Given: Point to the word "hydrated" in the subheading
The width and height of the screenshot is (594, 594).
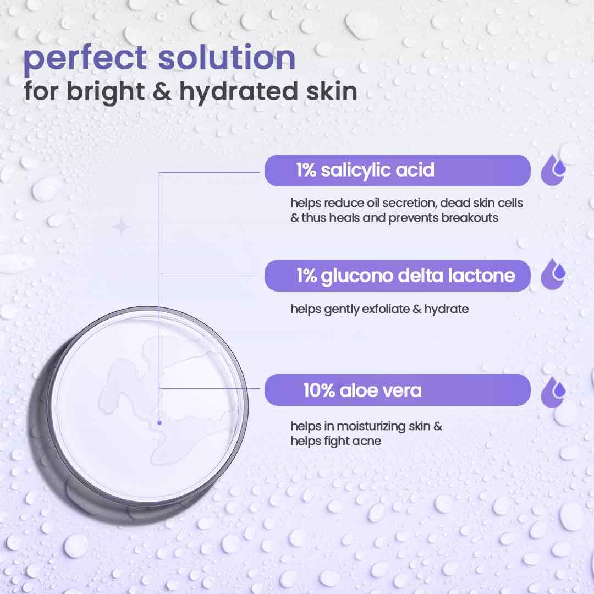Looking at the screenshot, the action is pyautogui.click(x=239, y=92).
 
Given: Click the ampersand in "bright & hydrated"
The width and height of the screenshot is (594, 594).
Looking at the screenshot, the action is pyautogui.click(x=162, y=91).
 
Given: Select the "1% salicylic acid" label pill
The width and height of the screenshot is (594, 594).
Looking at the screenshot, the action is pyautogui.click(x=398, y=170).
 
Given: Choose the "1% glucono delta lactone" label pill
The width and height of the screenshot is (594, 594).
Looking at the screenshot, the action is pyautogui.click(x=398, y=276).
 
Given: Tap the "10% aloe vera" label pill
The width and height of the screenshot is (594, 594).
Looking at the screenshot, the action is pyautogui.click(x=398, y=390).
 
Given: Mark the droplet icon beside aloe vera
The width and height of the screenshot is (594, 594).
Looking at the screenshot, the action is pyautogui.click(x=553, y=392).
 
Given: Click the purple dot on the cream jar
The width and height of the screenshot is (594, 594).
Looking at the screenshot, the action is pyautogui.click(x=159, y=422).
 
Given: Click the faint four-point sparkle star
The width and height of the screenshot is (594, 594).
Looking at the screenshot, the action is pyautogui.click(x=121, y=227).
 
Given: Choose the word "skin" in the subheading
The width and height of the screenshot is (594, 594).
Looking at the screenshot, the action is pyautogui.click(x=332, y=91).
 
